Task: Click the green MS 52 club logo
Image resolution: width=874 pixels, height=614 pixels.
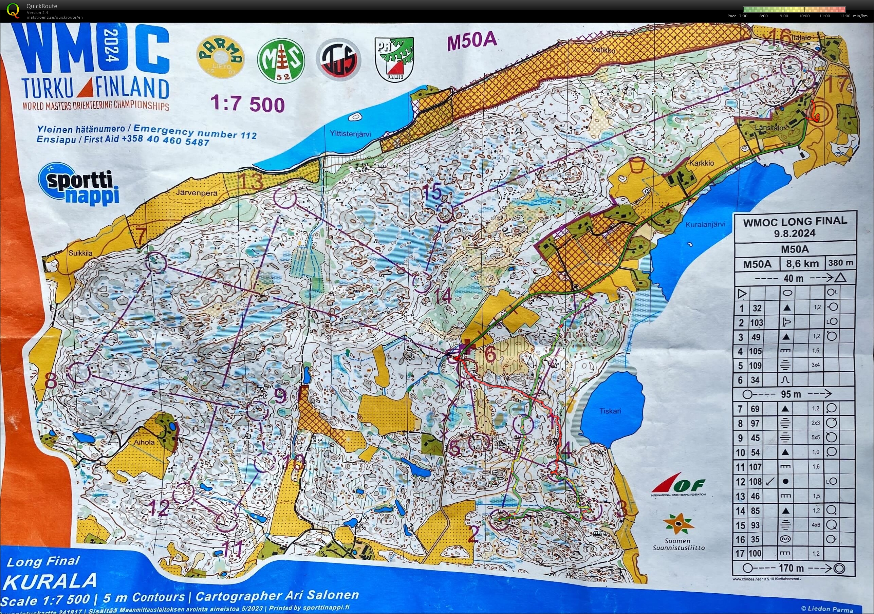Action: (281, 60)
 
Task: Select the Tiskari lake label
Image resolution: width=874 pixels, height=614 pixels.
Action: (610, 411)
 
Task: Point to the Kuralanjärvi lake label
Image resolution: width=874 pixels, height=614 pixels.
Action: (705, 225)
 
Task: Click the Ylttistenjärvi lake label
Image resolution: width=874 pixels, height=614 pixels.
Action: (350, 134)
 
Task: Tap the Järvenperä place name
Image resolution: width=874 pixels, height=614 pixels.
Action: (197, 193)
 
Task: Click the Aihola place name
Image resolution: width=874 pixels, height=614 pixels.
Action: (144, 442)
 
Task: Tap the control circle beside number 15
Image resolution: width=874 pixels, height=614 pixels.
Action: (445, 214)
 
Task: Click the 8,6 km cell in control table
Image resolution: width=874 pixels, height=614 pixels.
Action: (802, 263)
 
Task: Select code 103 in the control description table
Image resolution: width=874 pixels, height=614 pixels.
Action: (756, 323)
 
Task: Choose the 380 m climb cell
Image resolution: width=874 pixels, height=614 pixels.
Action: (840, 263)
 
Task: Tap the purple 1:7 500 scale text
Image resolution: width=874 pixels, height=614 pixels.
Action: (247, 104)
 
